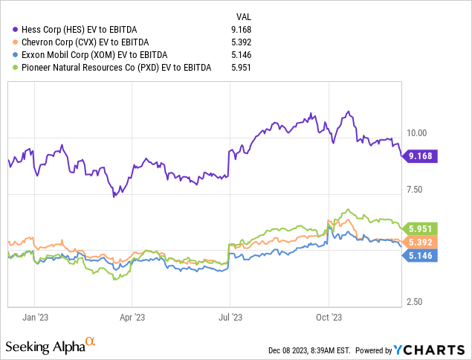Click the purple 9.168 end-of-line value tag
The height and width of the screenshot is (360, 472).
click(421, 156)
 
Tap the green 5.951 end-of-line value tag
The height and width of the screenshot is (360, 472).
click(421, 228)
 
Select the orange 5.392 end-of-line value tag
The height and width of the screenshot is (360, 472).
click(421, 242)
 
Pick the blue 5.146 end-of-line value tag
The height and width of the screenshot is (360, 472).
click(421, 256)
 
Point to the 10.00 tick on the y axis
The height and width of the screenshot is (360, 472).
click(414, 133)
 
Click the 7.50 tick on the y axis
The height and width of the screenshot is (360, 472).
click(414, 190)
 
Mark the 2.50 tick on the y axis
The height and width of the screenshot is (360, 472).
click(414, 302)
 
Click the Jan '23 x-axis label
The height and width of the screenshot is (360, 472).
click(35, 316)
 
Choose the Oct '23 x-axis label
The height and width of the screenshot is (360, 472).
click(328, 316)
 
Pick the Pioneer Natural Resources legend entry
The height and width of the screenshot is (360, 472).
click(111, 68)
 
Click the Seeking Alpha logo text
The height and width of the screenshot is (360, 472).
click(44, 347)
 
